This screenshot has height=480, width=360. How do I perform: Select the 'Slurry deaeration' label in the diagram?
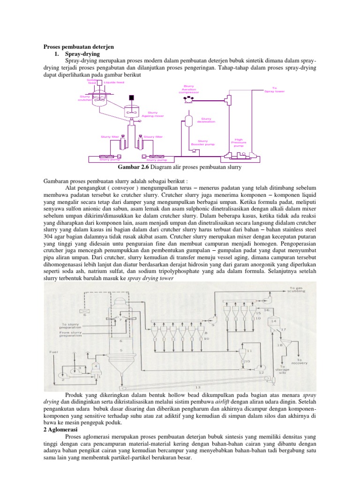click(x=206, y=120)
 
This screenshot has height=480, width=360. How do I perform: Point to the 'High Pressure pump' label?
click(x=239, y=142)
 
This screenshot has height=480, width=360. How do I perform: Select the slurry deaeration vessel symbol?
click(x=188, y=120)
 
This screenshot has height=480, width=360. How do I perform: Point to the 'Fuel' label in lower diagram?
click(x=52, y=351)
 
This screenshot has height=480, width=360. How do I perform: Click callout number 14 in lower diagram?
click(x=274, y=320)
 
